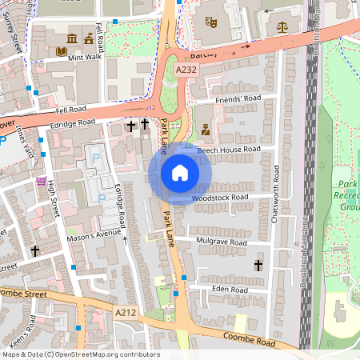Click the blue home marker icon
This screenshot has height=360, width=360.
(x=180, y=173)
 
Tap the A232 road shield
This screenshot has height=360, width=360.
(x=186, y=71)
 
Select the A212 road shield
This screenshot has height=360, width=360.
(x=125, y=313)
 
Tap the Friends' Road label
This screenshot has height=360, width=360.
(x=238, y=99)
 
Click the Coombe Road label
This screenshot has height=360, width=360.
(x=250, y=341)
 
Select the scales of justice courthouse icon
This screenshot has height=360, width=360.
(x=282, y=26)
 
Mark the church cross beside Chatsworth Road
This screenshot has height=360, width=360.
(x=258, y=264)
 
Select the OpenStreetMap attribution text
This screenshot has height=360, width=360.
(x=82, y=354)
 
